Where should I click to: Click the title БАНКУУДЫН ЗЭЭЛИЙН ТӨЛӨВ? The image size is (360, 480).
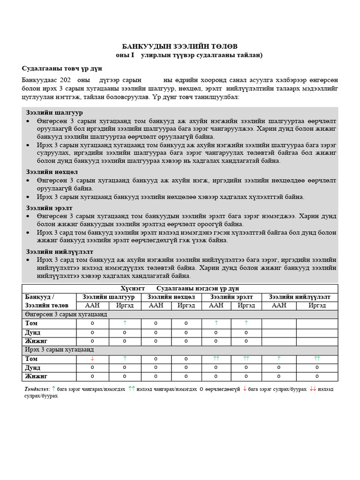coord(180,46)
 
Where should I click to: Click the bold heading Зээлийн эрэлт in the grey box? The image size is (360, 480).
coord(50,208)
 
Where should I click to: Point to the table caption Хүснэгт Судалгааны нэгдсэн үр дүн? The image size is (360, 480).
coord(180,288)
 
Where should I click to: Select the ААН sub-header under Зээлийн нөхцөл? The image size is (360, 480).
coord(156,305)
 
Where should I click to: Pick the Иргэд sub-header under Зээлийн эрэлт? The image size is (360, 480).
coord(246,305)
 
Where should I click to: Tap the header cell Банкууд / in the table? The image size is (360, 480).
coord(40,297)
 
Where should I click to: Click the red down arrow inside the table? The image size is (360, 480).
coord(92,359)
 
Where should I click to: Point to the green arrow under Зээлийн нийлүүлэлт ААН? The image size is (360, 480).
coord(279,359)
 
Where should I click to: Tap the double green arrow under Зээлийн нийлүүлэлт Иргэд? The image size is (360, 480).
coord(317,359)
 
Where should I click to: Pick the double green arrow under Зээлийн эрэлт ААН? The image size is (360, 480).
coord(216,359)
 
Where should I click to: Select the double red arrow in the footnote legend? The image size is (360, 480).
coord(313,389)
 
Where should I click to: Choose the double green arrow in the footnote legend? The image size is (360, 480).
coord(132,389)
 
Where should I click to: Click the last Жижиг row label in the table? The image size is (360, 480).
coord(37,376)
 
